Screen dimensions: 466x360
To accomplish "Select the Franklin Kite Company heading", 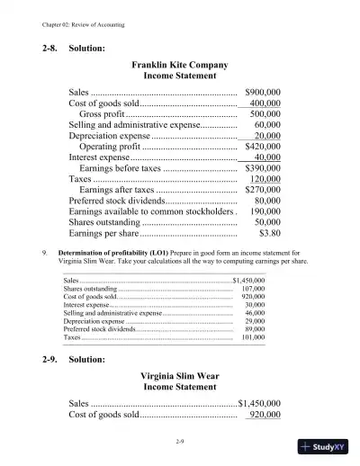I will [180, 66].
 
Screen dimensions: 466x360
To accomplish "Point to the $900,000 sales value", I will [263, 92].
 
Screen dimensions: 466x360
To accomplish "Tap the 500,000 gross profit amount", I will [265, 114].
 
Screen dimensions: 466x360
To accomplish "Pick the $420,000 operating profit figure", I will [263, 145].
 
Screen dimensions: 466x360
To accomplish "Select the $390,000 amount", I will [263, 167].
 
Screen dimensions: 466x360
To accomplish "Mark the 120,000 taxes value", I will [265, 179].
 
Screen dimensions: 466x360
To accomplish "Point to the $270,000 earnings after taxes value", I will [263, 190].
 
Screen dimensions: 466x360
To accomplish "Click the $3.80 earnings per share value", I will [269, 233].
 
